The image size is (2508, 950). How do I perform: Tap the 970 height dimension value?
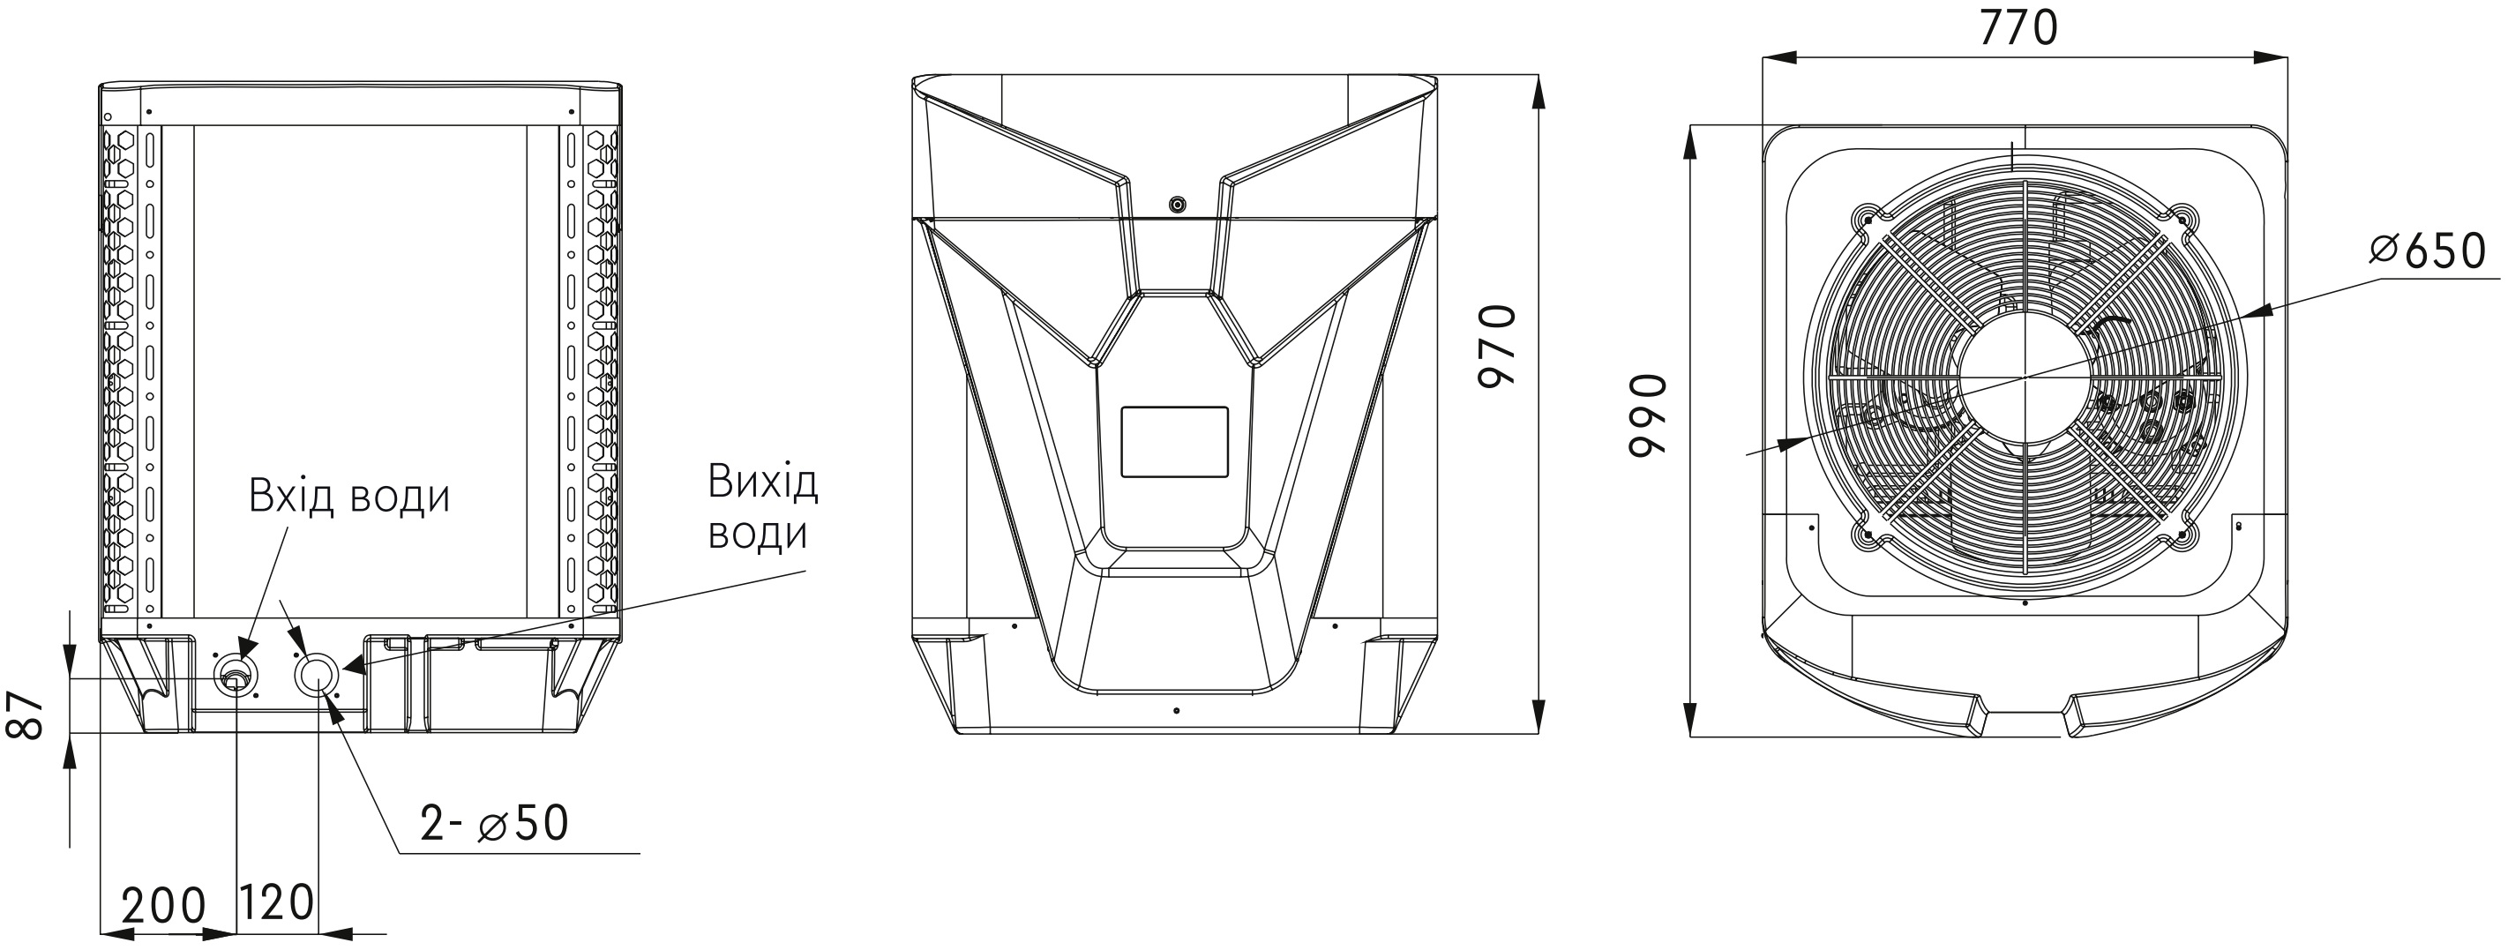[1497, 346]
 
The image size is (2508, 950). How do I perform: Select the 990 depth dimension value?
[1648, 414]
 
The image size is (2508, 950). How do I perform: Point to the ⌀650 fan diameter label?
[2427, 252]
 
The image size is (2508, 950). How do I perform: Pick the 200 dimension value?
[163, 905]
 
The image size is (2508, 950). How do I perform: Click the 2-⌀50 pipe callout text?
[495, 824]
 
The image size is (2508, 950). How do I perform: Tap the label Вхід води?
[349, 497]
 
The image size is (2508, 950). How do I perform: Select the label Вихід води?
[762, 508]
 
